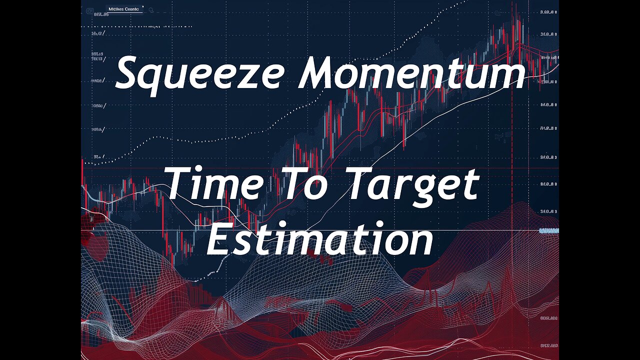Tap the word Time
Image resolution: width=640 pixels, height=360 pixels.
215,184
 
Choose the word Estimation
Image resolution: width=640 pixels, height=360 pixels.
320,241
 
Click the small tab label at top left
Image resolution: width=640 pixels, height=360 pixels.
124,9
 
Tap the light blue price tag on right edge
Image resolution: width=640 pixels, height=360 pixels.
548,230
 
